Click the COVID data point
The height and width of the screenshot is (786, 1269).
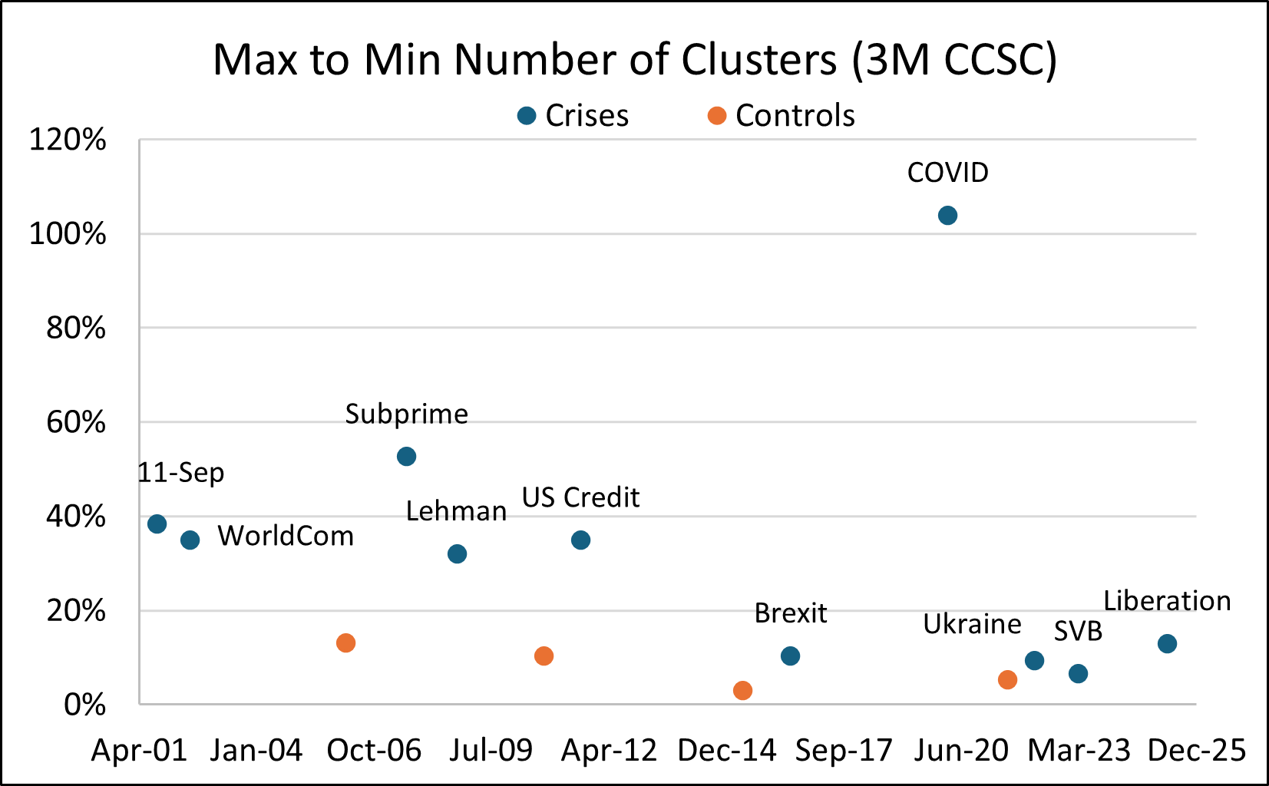[948, 216]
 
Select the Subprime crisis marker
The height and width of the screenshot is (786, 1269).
[407, 457]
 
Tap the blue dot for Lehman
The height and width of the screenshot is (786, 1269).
[458, 554]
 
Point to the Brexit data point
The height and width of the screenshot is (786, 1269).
[790, 656]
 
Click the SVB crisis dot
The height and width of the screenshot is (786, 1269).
[1078, 674]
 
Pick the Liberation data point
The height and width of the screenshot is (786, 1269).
[1167, 644]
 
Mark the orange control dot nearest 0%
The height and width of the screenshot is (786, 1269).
[742, 691]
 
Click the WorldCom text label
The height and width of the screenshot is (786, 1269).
[286, 536]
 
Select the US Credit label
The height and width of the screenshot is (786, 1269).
[580, 497]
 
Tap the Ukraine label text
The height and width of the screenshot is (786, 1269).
[972, 624]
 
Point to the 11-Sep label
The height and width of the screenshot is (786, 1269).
[181, 473]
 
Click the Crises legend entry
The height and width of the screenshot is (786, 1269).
[573, 116]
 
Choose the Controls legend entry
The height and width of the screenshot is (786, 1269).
[782, 116]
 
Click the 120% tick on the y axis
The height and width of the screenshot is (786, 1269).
[68, 139]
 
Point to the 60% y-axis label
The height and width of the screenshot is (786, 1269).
[76, 422]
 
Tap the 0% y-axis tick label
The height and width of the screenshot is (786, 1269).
[85, 705]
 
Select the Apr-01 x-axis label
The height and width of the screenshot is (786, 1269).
[140, 751]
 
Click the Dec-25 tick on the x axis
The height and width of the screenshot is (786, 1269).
[1197, 751]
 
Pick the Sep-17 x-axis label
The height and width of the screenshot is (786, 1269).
[844, 751]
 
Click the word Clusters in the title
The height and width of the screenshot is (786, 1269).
[759, 59]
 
